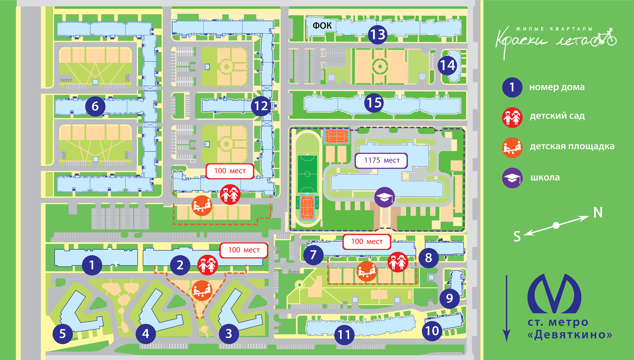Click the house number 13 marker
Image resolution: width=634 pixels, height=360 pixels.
pos(378,34)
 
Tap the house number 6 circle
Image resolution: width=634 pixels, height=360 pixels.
pos(95,106)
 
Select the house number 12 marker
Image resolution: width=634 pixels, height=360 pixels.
pos(261,106)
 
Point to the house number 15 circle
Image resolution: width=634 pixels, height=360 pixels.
pos(374,102)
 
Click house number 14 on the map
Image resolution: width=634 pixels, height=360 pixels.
pos(448,65)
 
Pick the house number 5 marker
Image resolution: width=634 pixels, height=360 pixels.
pos(63,334)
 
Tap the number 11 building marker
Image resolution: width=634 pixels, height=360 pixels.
pos(344,335)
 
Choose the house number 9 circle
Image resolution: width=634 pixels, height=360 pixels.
pos(449,298)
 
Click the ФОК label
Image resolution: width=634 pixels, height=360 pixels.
pos(322,25)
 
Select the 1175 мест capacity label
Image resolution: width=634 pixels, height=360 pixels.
pos(381,161)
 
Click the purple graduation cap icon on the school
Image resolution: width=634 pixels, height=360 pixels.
pos(384,197)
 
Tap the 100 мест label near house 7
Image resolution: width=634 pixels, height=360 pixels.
pos(367,242)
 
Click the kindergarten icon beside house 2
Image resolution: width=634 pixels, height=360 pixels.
pos(207,265)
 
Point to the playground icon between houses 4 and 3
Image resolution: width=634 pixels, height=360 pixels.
pos(202,291)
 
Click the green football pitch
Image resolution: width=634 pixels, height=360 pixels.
pos(307,174)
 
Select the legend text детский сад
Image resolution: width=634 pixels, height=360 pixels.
pos(557,116)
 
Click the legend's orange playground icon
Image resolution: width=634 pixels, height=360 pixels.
pos(512,148)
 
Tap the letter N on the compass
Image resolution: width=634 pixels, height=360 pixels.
pos(598,212)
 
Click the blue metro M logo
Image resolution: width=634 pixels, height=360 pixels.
pos(554,294)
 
